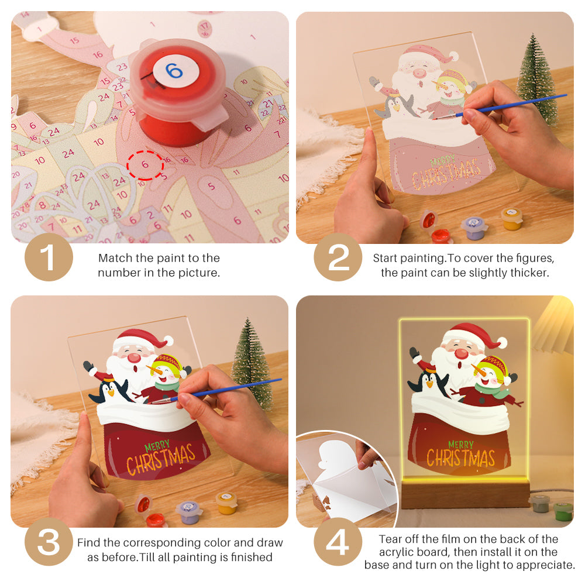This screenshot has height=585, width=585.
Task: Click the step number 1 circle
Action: point(49,257)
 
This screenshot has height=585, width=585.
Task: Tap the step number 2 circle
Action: point(338,257)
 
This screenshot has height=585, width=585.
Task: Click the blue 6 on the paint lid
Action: point(174,71)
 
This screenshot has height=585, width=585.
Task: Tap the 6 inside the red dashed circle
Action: point(145,165)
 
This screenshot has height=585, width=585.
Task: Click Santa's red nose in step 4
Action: point(462,353)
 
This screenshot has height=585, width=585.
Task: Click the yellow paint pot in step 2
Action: point(511,219)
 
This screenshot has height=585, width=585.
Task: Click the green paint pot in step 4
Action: point(563,510)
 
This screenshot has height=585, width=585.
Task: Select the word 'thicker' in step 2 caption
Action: point(531,273)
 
